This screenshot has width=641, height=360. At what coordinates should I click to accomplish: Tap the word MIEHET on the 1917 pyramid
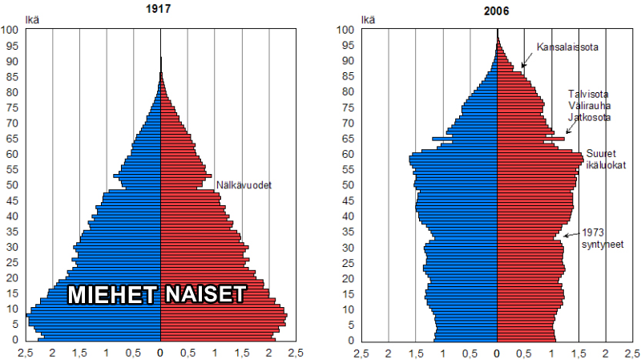111,294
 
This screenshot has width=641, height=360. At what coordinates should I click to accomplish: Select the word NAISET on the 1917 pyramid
204,294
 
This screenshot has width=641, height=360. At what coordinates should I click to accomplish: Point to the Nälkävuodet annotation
244,185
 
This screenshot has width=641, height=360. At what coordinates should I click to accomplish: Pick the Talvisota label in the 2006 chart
589,93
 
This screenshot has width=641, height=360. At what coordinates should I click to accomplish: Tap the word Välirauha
589,105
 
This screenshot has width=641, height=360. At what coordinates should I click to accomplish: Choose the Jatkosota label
589,117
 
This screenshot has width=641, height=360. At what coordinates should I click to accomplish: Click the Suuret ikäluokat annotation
605,159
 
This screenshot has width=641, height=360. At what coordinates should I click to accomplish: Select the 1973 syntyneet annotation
603,237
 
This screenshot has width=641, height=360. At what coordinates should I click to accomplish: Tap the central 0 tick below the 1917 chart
161,352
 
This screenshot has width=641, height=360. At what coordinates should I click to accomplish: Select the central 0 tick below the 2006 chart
497,352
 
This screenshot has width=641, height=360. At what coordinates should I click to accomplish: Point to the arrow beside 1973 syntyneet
570,234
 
